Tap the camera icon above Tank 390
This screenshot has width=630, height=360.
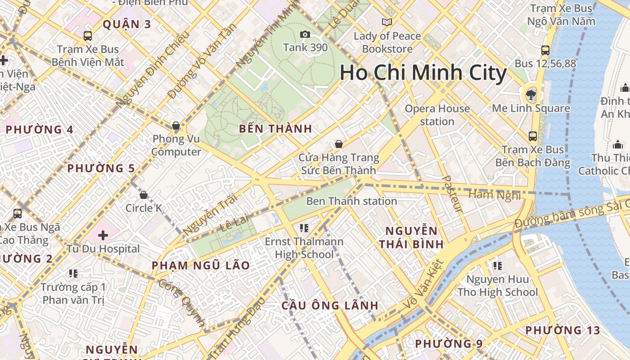pos(305,35)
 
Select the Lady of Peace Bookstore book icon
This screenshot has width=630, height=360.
pos(387,22)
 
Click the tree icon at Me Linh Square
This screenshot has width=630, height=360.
pos(531,94)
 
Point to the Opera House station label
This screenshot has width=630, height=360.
pos(437,115)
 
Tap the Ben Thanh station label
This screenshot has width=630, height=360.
pos(351,201)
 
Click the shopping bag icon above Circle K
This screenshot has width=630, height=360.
pos(144,195)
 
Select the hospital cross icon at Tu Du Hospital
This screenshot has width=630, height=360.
pos(103,235)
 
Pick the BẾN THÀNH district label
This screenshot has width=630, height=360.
pos(275,129)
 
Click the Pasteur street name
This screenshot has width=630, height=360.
pos(453,194)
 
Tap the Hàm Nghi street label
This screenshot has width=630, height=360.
pos(494,195)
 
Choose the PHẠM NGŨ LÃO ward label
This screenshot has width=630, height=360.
pos(200,265)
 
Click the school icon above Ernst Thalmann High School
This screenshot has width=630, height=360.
pos(304,228)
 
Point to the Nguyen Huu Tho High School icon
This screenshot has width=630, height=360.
pos(497,266)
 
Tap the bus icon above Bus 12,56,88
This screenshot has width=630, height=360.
pos(545,50)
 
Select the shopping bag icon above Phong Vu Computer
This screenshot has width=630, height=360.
pos(176,126)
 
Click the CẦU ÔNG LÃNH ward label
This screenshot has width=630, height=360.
pos(330,306)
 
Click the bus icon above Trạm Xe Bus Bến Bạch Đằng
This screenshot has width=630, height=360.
pos(533,136)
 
